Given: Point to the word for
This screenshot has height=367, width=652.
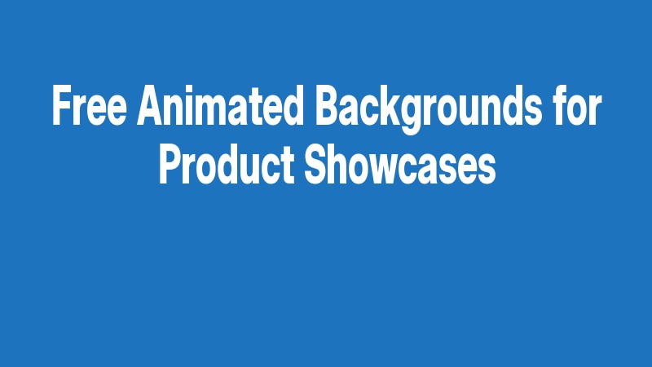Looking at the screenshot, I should coord(572,106).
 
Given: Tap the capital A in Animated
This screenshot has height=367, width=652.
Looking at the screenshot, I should coord(151,106).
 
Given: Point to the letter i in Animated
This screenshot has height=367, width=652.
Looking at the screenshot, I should coord(193,106).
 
